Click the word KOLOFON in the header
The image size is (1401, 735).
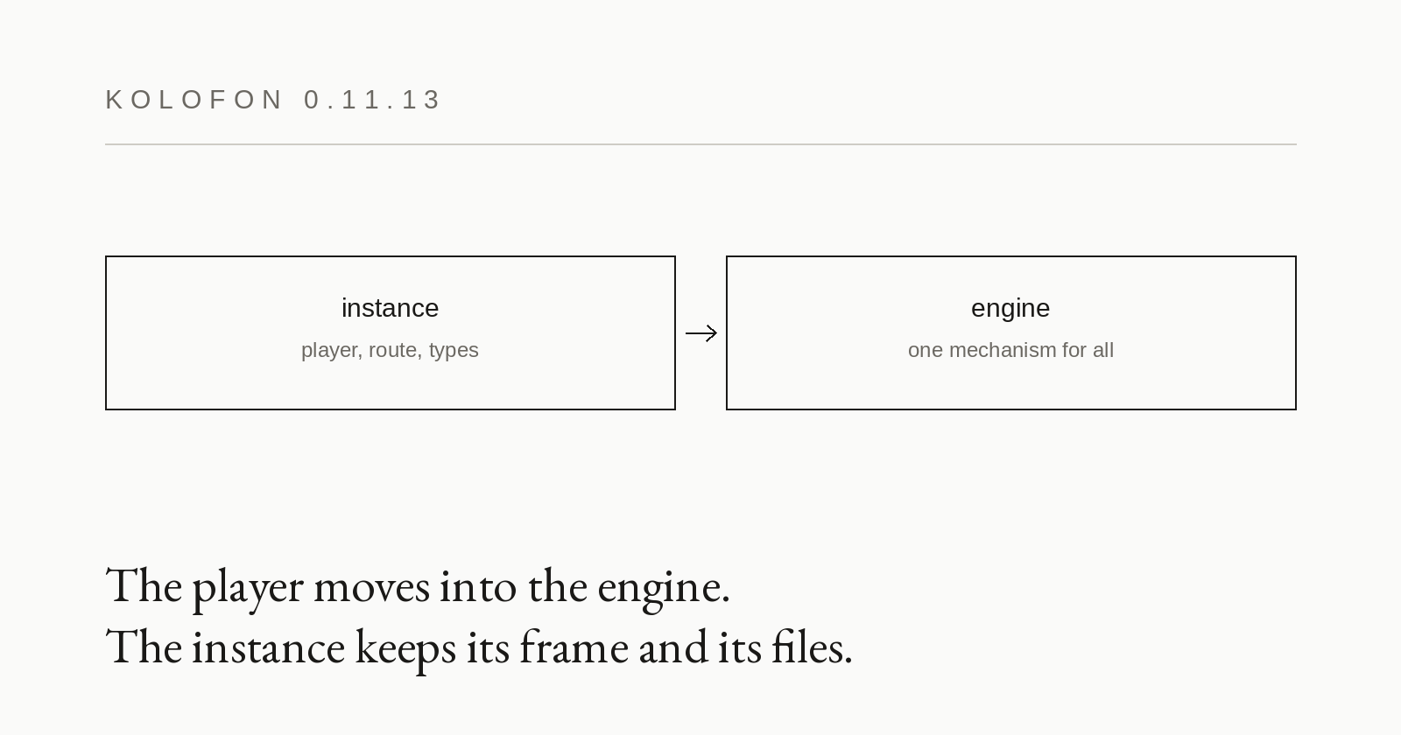coord(194,100)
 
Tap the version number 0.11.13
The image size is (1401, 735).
coord(373,100)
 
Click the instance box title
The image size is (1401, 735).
coord(391,308)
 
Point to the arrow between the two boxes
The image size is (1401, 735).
coord(701,333)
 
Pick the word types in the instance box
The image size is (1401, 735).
coord(454,351)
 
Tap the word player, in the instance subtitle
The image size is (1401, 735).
coord(332,351)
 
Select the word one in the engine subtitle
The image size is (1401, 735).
coord(926,351)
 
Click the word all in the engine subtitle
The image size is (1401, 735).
coord(1103,350)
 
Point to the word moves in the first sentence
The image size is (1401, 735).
coord(371,588)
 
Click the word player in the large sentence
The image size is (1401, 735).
coord(248,591)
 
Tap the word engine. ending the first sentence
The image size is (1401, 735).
coord(664,591)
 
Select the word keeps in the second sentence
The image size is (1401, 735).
coord(405,651)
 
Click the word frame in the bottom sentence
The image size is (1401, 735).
coord(574,647)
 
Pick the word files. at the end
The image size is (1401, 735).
coord(812,647)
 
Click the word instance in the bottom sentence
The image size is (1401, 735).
coord(268,648)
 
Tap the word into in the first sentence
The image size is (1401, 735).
coord(478,587)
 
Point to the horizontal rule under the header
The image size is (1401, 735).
coord(700,144)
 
